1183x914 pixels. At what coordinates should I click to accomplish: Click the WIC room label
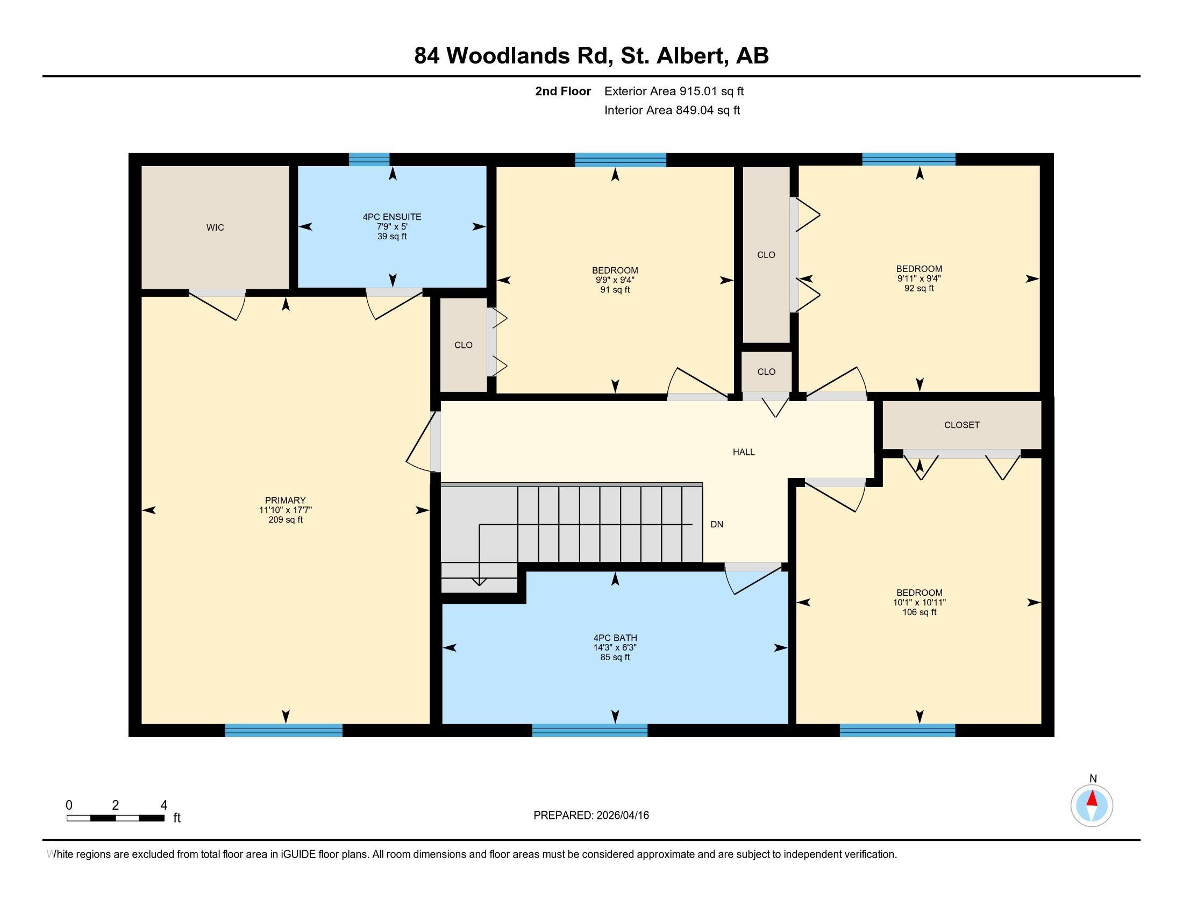coord(215,227)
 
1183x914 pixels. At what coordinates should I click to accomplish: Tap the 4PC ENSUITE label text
coord(391,217)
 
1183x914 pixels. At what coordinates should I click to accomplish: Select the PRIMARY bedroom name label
coord(285,501)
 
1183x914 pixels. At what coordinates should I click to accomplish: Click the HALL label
coord(743,452)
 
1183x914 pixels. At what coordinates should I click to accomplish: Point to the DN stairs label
coord(717,524)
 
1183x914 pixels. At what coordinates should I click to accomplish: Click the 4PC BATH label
coord(615,638)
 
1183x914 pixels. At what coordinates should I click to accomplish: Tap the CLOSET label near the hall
coord(961,425)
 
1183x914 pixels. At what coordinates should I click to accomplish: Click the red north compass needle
coord(1092,799)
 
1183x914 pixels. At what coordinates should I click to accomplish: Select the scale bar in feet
coord(116,818)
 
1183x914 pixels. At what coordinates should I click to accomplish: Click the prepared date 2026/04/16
coord(622,816)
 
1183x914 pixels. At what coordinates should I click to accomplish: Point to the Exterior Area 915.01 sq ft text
coord(674,91)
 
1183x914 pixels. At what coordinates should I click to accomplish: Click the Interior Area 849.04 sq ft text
coord(672,110)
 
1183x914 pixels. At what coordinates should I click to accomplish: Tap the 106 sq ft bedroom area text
coord(919,612)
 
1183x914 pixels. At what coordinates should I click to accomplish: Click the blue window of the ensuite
coord(369,159)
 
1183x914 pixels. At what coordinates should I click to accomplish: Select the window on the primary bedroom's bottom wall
coord(283,731)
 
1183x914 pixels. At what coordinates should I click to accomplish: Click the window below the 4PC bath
coord(589,731)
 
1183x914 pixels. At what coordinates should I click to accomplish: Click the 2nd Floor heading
coord(563,91)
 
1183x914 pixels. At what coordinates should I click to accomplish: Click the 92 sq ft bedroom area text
coord(919,288)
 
